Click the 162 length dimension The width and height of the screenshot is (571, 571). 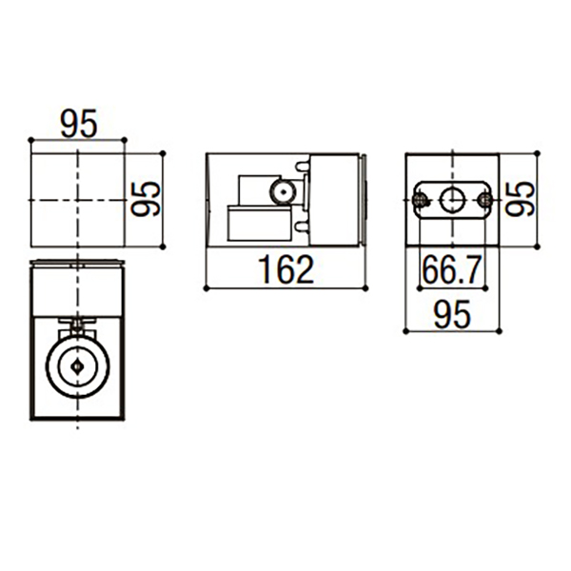pyautogui.click(x=285, y=270)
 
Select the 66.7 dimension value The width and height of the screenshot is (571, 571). pyautogui.click(x=452, y=270)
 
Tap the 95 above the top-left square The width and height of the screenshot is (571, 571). pyautogui.click(x=79, y=124)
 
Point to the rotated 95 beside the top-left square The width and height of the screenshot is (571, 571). pyautogui.click(x=146, y=200)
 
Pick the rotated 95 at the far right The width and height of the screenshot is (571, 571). pyautogui.click(x=521, y=199)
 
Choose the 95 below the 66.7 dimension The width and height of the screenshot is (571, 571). pyautogui.click(x=452, y=315)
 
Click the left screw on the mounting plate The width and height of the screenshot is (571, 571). pyautogui.click(x=420, y=199)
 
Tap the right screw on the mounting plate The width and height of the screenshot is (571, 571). pyautogui.click(x=484, y=199)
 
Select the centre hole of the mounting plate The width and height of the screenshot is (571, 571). pyautogui.click(x=452, y=200)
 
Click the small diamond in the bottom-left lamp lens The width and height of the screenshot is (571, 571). pyautogui.click(x=77, y=366)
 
